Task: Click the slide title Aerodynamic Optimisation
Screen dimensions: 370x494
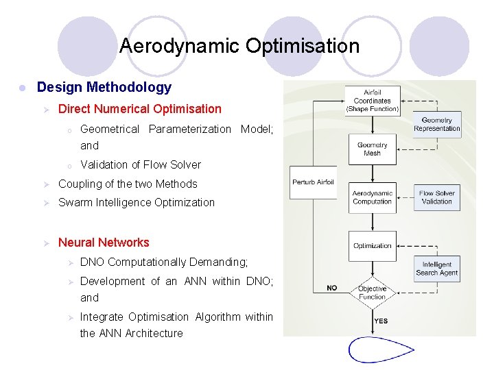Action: pyautogui.click(x=239, y=46)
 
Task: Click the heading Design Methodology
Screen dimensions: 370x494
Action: pyautogui.click(x=104, y=87)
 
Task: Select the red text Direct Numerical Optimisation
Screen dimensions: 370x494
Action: pyautogui.click(x=140, y=108)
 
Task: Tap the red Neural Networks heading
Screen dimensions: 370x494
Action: pyautogui.click(x=104, y=242)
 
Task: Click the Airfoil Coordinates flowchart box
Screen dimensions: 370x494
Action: pyautogui.click(x=373, y=101)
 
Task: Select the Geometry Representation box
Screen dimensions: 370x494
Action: pyautogui.click(x=437, y=124)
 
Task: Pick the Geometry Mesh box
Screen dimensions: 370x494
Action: pyautogui.click(x=373, y=149)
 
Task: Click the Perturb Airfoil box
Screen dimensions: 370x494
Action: pyautogui.click(x=314, y=182)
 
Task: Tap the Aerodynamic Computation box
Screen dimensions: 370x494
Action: pyautogui.click(x=373, y=197)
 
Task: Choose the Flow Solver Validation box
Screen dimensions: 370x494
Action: pyautogui.click(x=437, y=197)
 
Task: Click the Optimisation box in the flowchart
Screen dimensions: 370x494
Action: pyautogui.click(x=373, y=245)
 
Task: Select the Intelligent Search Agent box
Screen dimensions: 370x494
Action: pyautogui.click(x=437, y=269)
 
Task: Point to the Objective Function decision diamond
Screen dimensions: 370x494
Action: pyautogui.click(x=373, y=293)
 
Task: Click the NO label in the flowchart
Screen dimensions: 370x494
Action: pyautogui.click(x=332, y=288)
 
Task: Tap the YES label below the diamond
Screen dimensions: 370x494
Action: pyautogui.click(x=381, y=321)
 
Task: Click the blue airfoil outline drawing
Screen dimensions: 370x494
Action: pyautogui.click(x=381, y=349)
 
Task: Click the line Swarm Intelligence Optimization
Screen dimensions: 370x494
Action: pyautogui.click(x=137, y=202)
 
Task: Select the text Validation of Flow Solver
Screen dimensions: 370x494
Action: pyautogui.click(x=141, y=164)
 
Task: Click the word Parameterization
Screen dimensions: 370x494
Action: pyautogui.click(x=190, y=129)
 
